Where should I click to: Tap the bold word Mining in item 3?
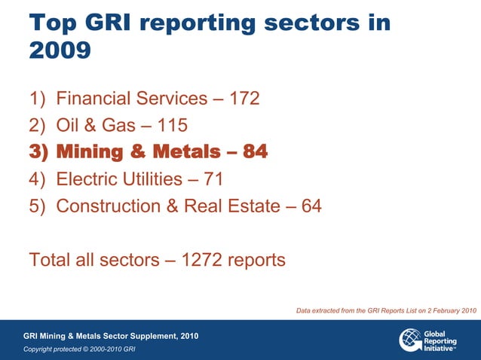pos(88,152)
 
